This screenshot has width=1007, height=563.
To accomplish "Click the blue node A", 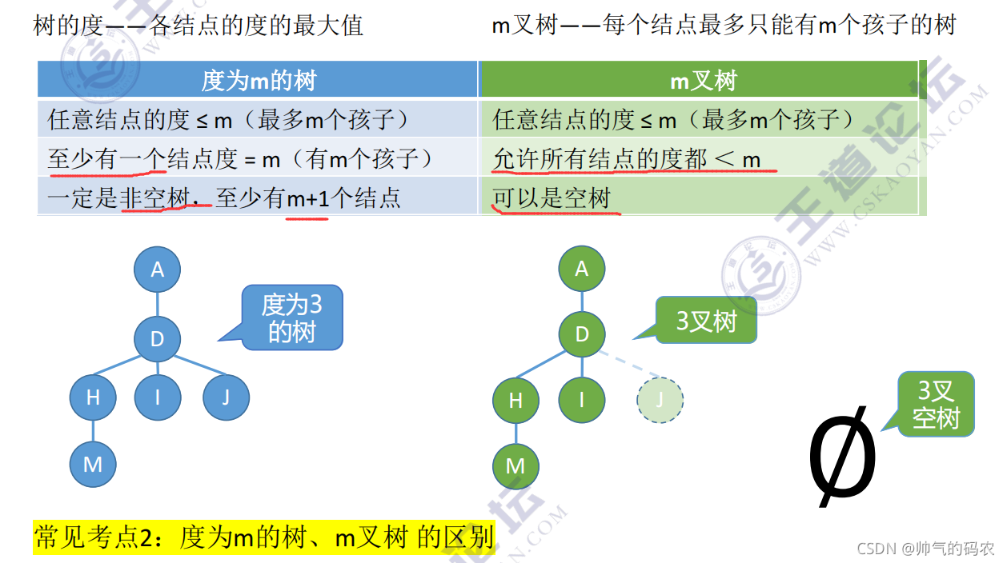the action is click(x=157, y=270).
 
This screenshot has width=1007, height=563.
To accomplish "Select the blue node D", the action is click(x=157, y=338).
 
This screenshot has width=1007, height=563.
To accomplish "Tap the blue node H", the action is click(x=93, y=397).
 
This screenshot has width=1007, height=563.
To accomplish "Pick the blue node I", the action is click(x=157, y=397).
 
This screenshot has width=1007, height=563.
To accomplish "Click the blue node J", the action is click(x=226, y=397).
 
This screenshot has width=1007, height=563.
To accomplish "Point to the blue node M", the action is click(x=93, y=464).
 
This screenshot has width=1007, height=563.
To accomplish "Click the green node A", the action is click(x=582, y=269).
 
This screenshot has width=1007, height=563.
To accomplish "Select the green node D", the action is click(x=582, y=333).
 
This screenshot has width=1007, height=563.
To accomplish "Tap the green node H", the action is click(x=516, y=399).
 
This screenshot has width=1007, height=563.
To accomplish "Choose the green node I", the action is click(x=582, y=398).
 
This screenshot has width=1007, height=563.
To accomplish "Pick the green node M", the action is click(x=516, y=465).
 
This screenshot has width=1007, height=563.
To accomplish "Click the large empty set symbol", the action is click(x=842, y=457).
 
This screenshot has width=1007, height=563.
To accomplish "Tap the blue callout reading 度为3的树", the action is click(x=292, y=317).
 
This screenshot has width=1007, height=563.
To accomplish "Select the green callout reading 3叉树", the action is click(x=706, y=321).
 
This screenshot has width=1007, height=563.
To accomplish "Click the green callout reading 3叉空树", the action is click(x=936, y=404).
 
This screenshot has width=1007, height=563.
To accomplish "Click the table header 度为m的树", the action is click(x=259, y=80).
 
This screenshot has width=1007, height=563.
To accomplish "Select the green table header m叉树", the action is click(x=702, y=80).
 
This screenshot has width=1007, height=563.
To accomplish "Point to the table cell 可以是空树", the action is click(x=552, y=198).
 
